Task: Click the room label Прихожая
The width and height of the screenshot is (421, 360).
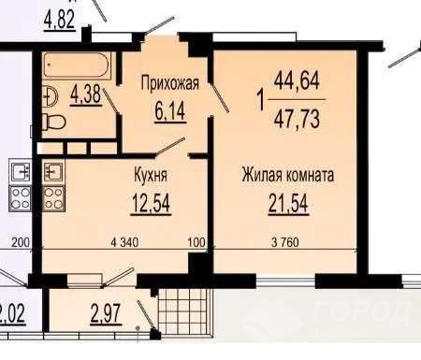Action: [x=170, y=84]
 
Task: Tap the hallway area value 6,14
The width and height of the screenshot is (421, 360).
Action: [x=170, y=111]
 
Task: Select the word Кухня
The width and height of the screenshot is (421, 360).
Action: [x=151, y=175]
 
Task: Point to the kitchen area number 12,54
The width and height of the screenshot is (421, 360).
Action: [x=152, y=203]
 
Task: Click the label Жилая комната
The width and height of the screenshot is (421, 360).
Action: [x=288, y=176]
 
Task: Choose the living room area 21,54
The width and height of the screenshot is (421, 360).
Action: [x=288, y=204]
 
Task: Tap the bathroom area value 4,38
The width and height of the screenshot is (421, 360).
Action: [x=86, y=94]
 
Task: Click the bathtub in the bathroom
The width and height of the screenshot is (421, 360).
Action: [x=78, y=65]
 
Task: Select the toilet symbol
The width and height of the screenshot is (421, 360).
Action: [x=53, y=122]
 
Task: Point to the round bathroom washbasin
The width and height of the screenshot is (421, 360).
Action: [x=50, y=95]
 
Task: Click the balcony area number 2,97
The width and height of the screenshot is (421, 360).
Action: [x=106, y=314]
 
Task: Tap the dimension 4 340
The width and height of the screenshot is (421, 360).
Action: [x=124, y=242]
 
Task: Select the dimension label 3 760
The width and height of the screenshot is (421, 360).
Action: [x=285, y=242]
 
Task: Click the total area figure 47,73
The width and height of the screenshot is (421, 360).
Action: [x=297, y=119]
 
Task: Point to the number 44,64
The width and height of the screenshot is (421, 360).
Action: [x=297, y=80]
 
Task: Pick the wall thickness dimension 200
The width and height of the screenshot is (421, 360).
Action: [x=21, y=242]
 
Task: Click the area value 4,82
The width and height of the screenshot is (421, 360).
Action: [x=60, y=20]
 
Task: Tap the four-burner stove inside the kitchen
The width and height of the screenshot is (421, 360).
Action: [x=53, y=197]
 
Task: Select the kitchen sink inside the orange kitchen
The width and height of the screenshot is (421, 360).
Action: [x=53, y=172]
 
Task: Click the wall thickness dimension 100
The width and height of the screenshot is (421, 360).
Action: [x=196, y=242]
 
